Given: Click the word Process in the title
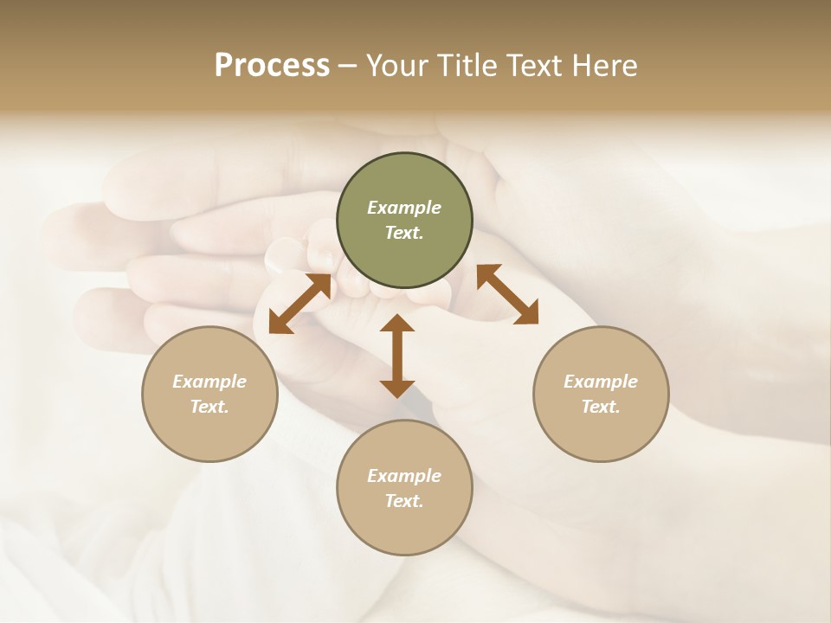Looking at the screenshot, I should click(272, 66).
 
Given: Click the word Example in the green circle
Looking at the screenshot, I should click(404, 208).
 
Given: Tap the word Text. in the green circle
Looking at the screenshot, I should click(404, 233).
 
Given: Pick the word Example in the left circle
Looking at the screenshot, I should click(209, 382).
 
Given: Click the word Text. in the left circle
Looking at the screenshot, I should click(209, 407).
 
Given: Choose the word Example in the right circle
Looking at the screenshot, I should click(601, 382).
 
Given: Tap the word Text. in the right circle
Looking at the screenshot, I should click(601, 407).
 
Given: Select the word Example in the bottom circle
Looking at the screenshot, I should click(404, 476).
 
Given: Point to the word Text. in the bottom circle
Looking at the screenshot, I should click(404, 501).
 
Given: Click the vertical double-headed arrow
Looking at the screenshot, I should click(397, 356).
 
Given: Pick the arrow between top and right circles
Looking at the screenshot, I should click(507, 294).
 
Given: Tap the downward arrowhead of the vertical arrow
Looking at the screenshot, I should click(397, 388).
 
